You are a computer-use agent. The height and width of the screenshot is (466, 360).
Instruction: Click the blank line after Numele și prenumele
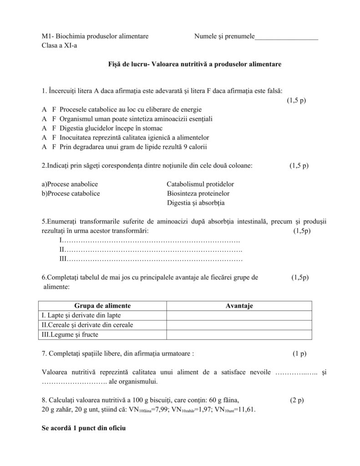(x=286, y=37)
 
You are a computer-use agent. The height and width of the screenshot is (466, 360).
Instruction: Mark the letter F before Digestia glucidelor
(x=53, y=128)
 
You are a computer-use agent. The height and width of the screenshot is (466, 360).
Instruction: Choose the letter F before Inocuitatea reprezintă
(x=53, y=137)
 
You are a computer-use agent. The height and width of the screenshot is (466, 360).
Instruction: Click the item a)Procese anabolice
(x=70, y=184)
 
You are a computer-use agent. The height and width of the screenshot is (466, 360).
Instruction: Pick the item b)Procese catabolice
(x=71, y=193)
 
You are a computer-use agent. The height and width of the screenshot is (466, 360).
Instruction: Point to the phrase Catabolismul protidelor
(x=200, y=184)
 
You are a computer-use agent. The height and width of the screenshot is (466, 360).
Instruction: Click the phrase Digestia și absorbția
(x=196, y=203)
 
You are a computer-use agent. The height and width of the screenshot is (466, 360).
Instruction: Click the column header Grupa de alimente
(x=102, y=306)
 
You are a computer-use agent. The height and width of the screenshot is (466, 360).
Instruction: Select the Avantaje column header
(x=239, y=306)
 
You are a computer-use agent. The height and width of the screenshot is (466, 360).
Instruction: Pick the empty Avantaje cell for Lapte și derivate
(x=239, y=315)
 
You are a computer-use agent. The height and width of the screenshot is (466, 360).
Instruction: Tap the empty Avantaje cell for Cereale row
(x=239, y=325)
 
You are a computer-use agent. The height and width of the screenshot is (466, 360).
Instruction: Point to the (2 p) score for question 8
(x=297, y=400)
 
